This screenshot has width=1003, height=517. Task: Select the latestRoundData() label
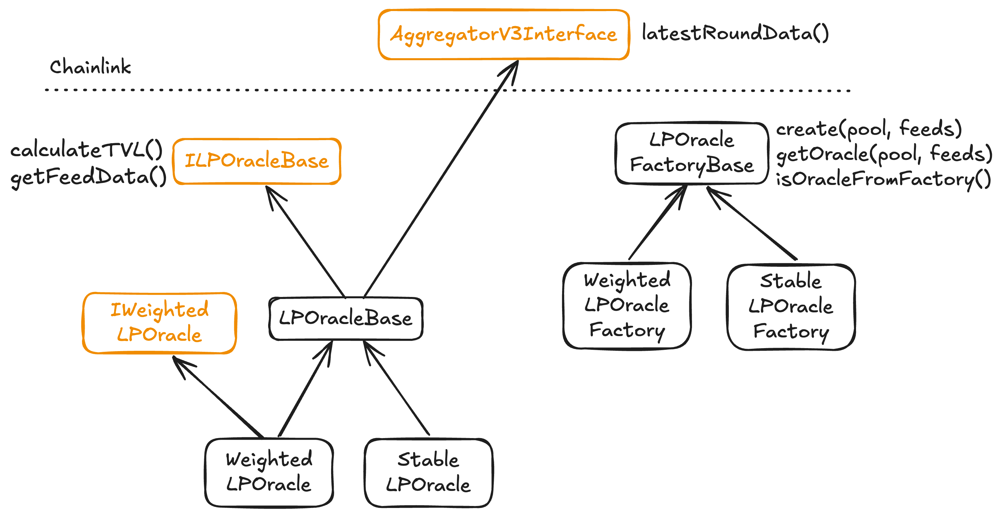[x=735, y=33]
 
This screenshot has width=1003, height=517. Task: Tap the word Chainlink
[x=90, y=67]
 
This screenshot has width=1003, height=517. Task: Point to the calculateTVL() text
[x=86, y=150]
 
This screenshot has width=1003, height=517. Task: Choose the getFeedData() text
[x=88, y=177]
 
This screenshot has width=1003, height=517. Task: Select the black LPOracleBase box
[x=345, y=318]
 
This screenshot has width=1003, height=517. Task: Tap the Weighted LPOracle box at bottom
[x=268, y=472]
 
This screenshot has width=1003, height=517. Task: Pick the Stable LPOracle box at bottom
[x=428, y=472]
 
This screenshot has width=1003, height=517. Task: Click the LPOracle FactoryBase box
[x=692, y=153]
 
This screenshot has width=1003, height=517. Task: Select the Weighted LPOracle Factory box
[x=626, y=306]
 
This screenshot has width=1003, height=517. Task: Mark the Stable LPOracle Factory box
[x=791, y=307]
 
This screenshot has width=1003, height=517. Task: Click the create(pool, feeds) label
[x=868, y=129]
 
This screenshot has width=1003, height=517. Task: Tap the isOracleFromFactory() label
[x=883, y=179]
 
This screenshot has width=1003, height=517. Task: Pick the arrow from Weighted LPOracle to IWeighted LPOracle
[x=218, y=397]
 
